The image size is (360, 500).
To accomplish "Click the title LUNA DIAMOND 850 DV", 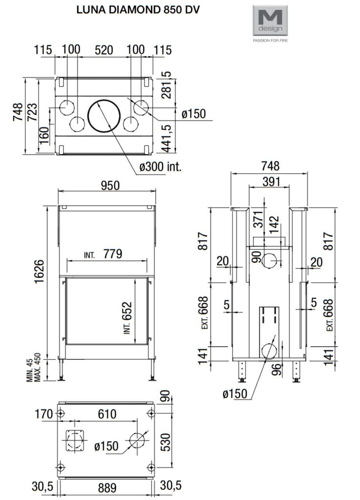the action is (x=138, y=10).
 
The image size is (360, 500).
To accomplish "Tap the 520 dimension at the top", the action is (x=104, y=50).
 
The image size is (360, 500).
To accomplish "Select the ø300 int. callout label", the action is (x=160, y=166).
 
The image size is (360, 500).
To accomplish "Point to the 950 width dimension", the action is (x=110, y=186).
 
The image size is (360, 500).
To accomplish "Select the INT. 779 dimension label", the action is (x=103, y=254).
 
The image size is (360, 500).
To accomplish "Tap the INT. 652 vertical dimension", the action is (x=127, y=317).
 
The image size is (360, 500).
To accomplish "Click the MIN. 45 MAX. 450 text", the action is (x=34, y=367).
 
